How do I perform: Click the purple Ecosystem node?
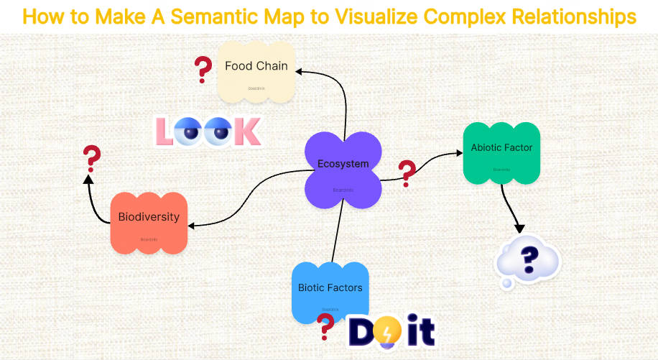click(x=343, y=170)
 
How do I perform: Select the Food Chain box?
click(x=256, y=70)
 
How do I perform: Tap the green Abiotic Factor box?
click(x=501, y=152)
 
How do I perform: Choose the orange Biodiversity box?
click(x=149, y=221)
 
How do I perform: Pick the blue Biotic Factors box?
click(x=330, y=292)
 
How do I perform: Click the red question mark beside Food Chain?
click(x=203, y=70)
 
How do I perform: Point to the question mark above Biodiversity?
click(x=91, y=159)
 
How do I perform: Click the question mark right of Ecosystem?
click(x=407, y=173)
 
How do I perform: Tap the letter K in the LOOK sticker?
click(x=246, y=131)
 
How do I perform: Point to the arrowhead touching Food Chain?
click(x=300, y=70)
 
